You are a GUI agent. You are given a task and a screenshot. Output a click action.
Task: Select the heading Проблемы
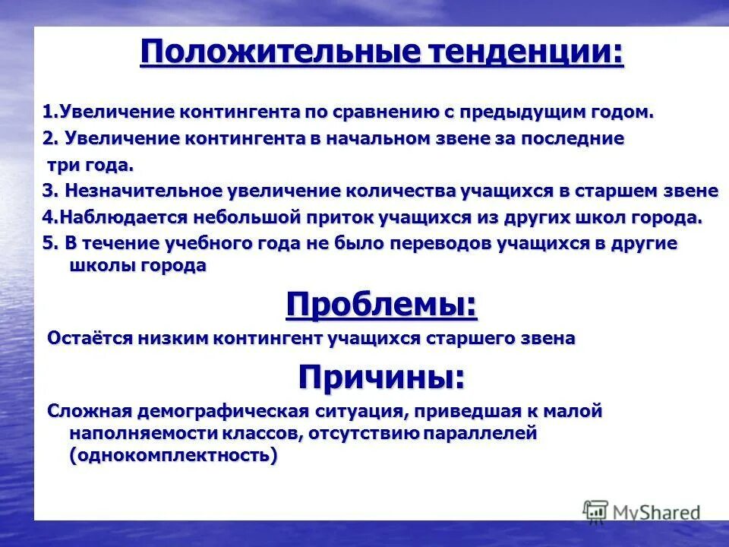382,305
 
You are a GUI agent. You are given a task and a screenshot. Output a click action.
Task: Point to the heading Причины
381,376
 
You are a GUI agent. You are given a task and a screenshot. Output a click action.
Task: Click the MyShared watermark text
658,512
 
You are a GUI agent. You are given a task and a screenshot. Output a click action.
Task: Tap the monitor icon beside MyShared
596,511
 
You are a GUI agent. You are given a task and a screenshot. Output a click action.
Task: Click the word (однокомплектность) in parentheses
173,456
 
